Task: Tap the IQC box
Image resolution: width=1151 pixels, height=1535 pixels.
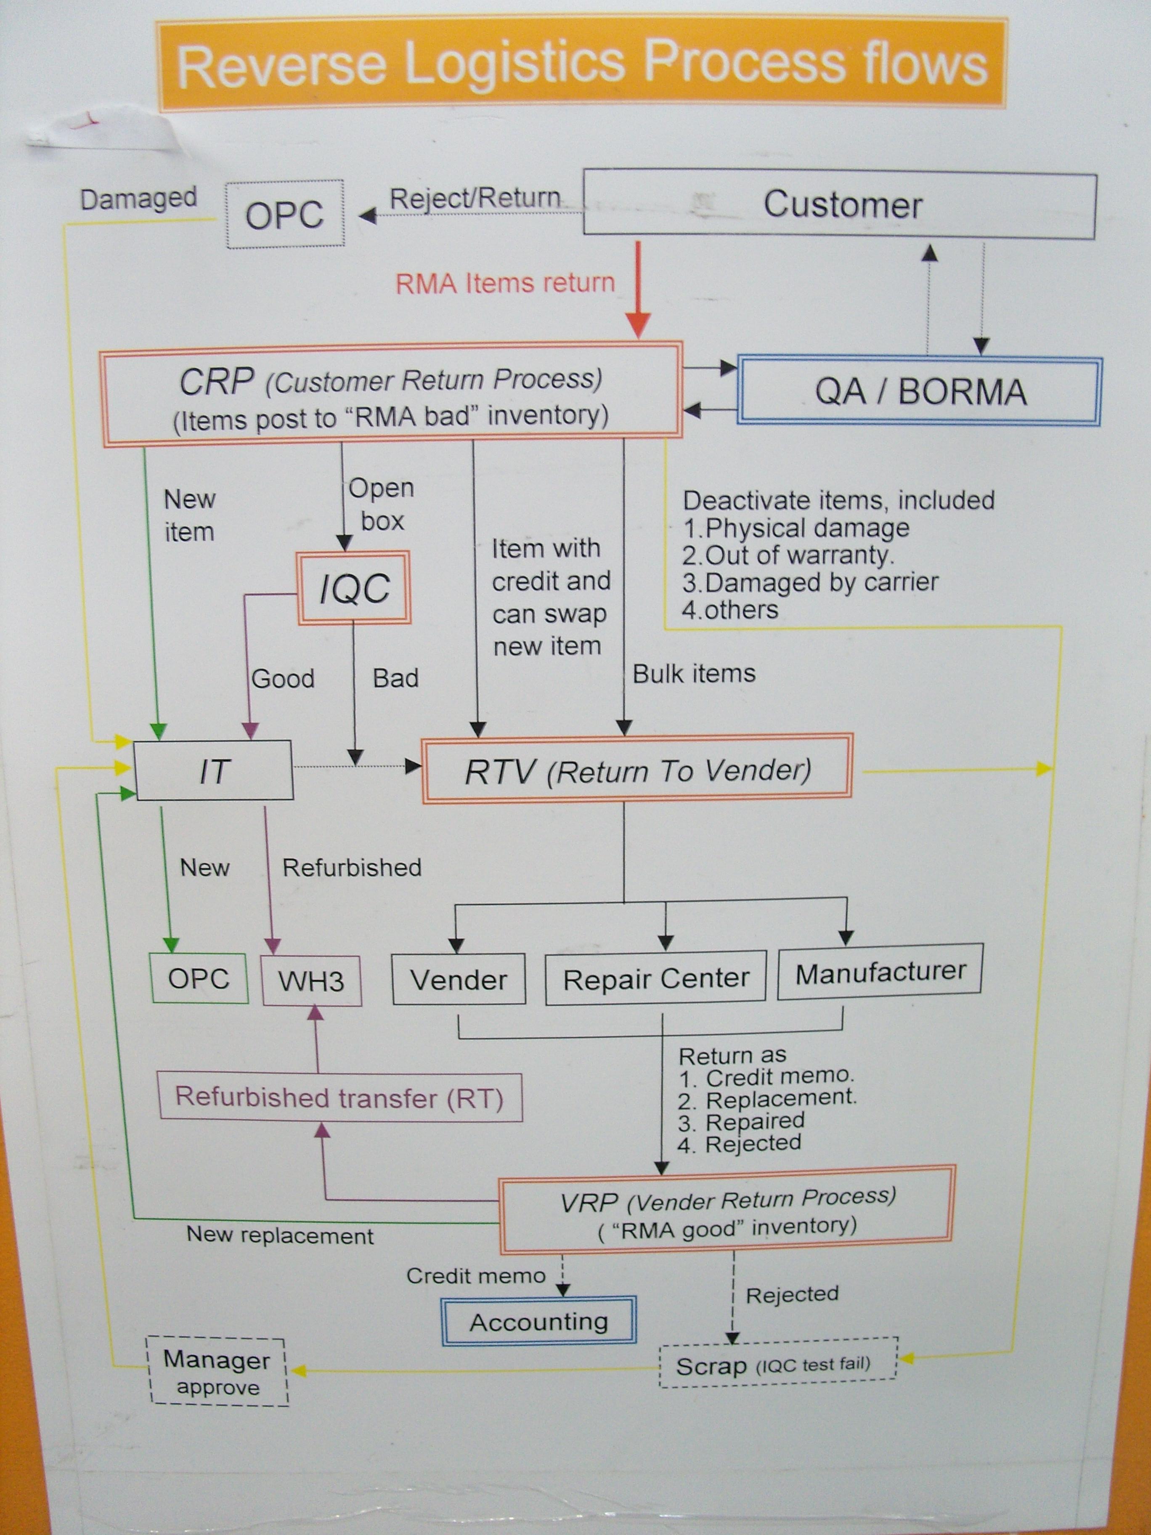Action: point(354,588)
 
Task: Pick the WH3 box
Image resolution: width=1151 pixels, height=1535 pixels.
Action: point(311,980)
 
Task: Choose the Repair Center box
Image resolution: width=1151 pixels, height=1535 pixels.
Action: point(655,978)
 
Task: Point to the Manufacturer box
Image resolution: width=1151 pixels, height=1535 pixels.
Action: point(880,972)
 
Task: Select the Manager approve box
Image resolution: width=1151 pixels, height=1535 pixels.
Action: point(217,1372)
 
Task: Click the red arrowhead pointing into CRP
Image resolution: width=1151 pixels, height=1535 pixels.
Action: point(638,325)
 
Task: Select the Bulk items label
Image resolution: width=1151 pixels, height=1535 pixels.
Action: point(694,674)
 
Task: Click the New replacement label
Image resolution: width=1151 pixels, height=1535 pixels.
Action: point(280,1236)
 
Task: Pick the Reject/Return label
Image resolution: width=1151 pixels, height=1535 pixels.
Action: point(475,199)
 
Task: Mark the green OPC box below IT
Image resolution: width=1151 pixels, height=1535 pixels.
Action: point(199,978)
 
